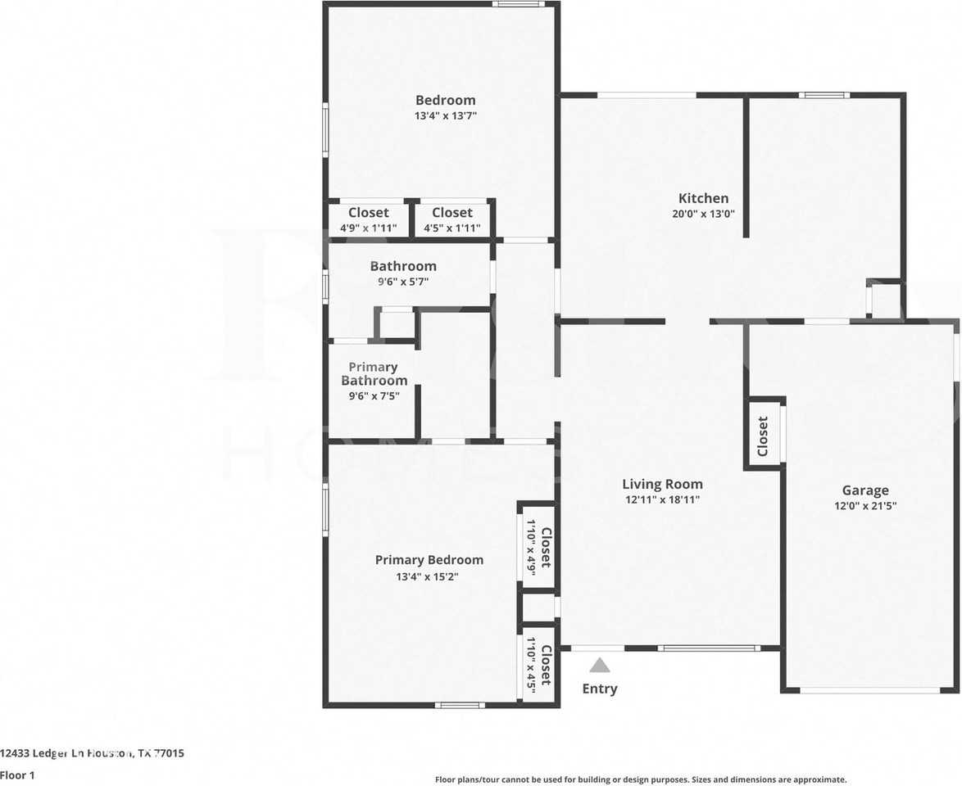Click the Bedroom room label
click(445, 100)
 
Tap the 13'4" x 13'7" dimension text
click(445, 116)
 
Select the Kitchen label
click(703, 198)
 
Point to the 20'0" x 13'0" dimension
click(703, 215)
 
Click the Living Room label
click(662, 484)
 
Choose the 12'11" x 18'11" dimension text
click(662, 499)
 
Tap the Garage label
click(865, 490)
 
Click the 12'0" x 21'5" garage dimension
click(865, 506)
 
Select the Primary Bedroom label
click(429, 560)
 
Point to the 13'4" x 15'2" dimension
click(429, 576)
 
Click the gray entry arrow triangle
click(600, 666)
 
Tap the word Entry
click(600, 689)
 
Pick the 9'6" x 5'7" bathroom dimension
click(403, 282)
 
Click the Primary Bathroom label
click(374, 374)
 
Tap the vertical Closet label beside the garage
click(763, 436)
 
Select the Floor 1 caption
click(18, 775)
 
